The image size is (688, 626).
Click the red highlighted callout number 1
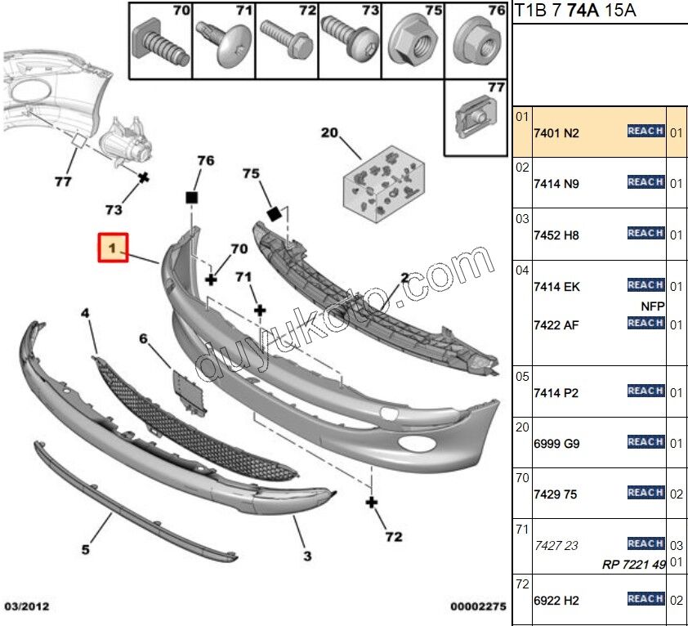coord(113,248)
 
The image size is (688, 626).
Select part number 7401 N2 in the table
coord(556,132)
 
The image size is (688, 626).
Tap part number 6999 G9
coord(556,443)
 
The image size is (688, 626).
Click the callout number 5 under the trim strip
coord(85,550)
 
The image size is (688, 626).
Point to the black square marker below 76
coord(192,197)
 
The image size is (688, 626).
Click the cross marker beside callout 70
coord(211,279)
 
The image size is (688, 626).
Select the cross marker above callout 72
coord(372,502)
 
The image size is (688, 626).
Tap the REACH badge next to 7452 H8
coord(646,234)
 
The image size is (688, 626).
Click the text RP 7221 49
coord(634,564)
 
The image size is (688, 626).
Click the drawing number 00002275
coord(478,607)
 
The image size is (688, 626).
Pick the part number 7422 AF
coord(556,325)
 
